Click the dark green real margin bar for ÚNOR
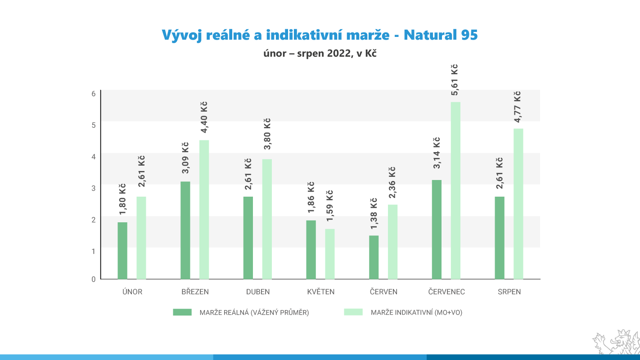click(122, 251)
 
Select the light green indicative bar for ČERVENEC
click(455, 190)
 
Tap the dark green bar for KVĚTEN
click(311, 250)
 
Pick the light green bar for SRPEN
click(518, 204)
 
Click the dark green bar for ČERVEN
click(374, 257)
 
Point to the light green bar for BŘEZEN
click(204, 210)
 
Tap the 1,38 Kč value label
click(374, 214)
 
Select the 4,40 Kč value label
click(204, 117)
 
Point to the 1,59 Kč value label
click(330, 205)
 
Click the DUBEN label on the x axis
click(258, 292)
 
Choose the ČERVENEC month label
click(446, 292)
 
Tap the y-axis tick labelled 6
click(94, 94)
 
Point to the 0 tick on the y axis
click(94, 279)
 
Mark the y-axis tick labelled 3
click(94, 188)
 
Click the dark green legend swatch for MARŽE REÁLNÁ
click(182, 312)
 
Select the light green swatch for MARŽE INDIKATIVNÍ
click(353, 312)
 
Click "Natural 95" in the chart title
click(441, 35)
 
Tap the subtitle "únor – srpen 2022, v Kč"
click(320, 54)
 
